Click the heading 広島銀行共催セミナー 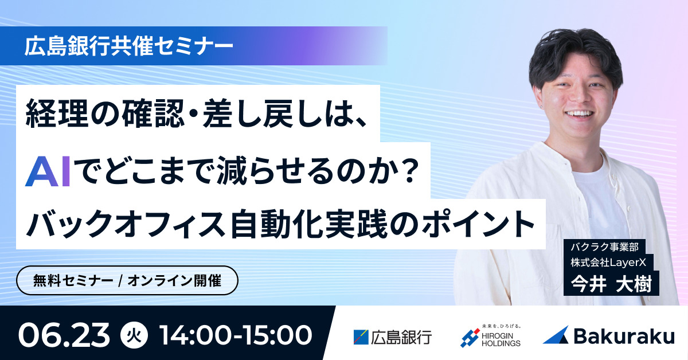(x=128, y=46)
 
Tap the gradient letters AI (x=48, y=171)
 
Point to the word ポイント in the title (x=479, y=224)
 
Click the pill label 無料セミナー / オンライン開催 (x=127, y=280)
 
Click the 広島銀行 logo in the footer (x=393, y=337)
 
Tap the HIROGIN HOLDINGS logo (x=490, y=337)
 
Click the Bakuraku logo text (x=624, y=336)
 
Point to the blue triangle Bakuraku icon (x=556, y=335)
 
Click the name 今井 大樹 (x=611, y=284)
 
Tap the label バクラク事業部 (x=604, y=246)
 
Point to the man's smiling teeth (x=579, y=114)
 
